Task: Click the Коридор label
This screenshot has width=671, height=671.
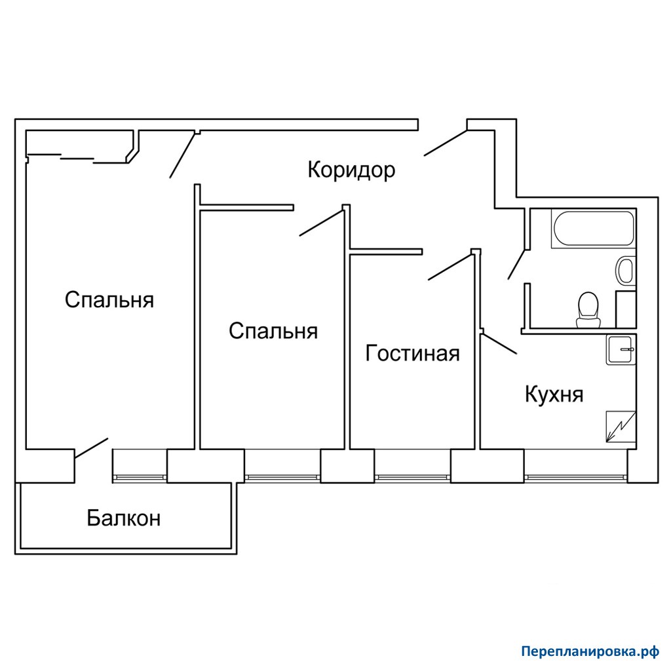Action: click(x=351, y=170)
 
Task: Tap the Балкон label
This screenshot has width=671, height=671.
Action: click(x=124, y=518)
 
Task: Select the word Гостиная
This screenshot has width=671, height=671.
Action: click(x=413, y=354)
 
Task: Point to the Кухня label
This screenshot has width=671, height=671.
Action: click(x=554, y=394)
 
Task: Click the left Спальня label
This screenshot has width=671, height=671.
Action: click(x=109, y=300)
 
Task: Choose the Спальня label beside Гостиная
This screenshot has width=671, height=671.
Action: click(x=273, y=331)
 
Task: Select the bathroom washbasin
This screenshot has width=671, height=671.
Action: click(x=626, y=270)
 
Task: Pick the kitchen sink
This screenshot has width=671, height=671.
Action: click(x=621, y=350)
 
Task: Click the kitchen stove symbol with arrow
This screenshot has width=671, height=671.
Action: click(x=621, y=426)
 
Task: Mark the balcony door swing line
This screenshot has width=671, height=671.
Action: click(x=91, y=448)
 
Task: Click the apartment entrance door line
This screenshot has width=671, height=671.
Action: click(x=445, y=143)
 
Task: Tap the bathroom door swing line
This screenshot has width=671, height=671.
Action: click(x=516, y=265)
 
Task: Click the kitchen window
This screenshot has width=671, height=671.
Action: click(x=575, y=477)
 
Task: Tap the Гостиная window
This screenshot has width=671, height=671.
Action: click(x=413, y=477)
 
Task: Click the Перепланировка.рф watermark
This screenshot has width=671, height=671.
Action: click(x=590, y=652)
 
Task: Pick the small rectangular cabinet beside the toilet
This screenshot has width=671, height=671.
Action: click(x=626, y=309)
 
